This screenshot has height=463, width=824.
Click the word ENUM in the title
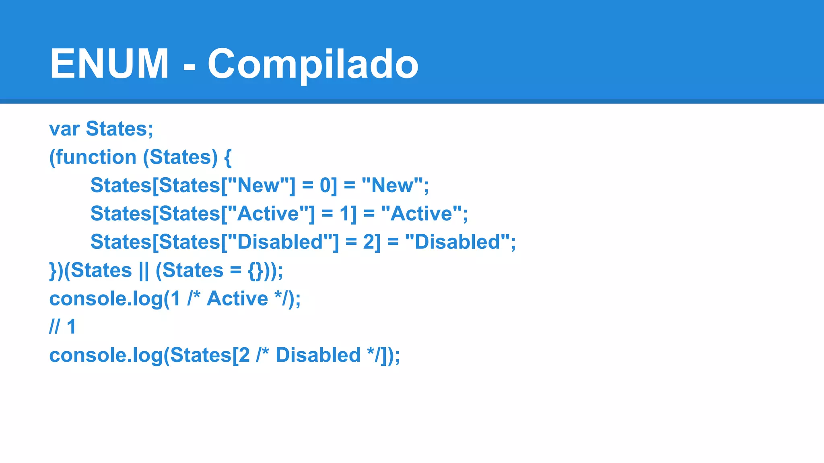pos(109,64)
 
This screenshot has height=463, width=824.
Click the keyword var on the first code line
pos(64,129)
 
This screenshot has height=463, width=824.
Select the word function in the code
pos(96,157)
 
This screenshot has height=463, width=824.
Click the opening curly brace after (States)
pos(228,157)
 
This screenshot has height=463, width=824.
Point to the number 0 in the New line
pos(325,185)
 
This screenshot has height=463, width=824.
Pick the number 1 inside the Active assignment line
pos(346,213)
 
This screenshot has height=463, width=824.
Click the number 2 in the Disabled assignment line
pos(369,242)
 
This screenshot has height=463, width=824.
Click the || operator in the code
pos(144,270)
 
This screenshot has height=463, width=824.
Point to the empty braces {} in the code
pos(255,270)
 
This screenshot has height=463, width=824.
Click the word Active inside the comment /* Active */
pos(237,299)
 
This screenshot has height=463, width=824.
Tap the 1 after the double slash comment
pos(71,327)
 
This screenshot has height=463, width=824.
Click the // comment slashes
pos(54,327)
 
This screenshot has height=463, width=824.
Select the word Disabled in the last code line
pos(318,355)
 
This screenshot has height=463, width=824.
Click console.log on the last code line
pos(106,355)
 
